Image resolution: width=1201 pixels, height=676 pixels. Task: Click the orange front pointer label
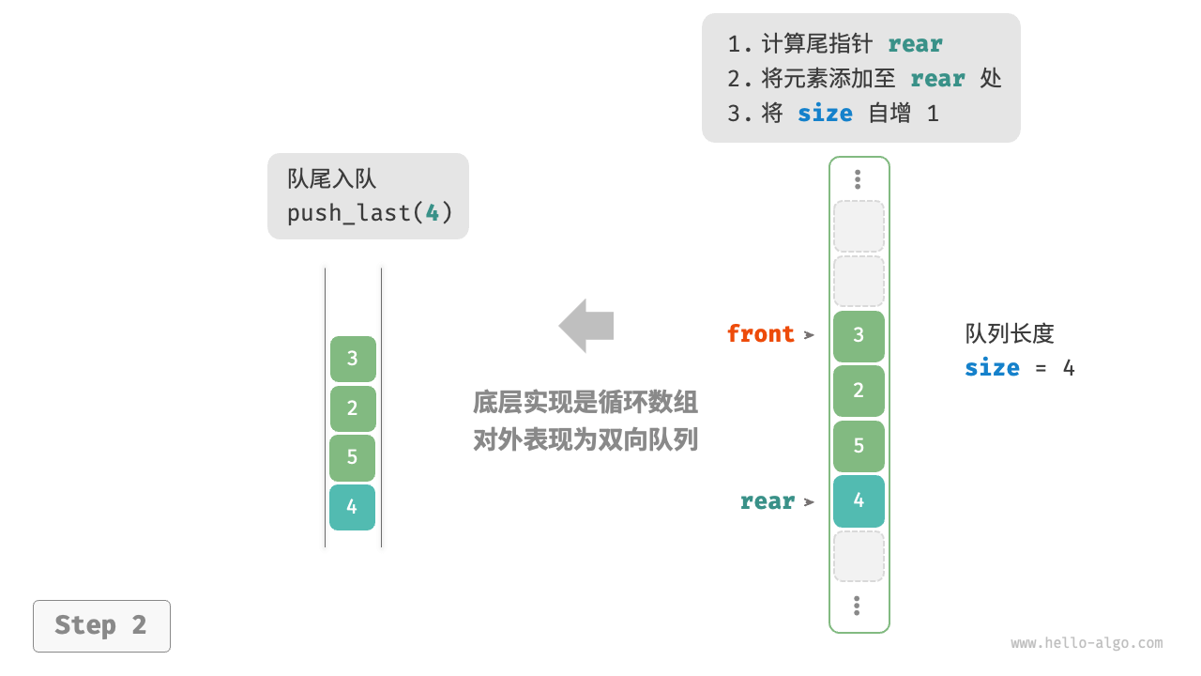pyautogui.click(x=760, y=334)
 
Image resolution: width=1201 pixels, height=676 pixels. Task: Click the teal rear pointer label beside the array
pyautogui.click(x=767, y=501)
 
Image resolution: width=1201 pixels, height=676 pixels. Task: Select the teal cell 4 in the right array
pyautogui.click(x=859, y=500)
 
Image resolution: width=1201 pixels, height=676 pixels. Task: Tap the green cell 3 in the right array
pyautogui.click(x=859, y=335)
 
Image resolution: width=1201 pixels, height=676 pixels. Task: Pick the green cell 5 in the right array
pyautogui.click(x=859, y=446)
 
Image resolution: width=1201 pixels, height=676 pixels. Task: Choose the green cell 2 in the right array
pyautogui.click(x=859, y=391)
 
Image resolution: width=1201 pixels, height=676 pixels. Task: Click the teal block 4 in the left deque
pyautogui.click(x=352, y=507)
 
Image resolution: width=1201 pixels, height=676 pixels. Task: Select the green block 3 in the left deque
pyautogui.click(x=353, y=359)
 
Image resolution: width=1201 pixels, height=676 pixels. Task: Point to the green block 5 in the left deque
pyautogui.click(x=352, y=457)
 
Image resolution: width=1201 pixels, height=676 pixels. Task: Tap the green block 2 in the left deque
pyautogui.click(x=352, y=408)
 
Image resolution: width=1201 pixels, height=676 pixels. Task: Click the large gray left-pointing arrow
pyautogui.click(x=586, y=326)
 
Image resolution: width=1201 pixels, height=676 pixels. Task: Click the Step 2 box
pyautogui.click(x=101, y=625)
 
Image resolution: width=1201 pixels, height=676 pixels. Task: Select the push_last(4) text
pyautogui.click(x=370, y=213)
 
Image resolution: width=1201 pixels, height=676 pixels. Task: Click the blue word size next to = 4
pyautogui.click(x=992, y=368)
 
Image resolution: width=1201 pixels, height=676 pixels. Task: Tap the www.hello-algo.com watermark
pyautogui.click(x=1087, y=643)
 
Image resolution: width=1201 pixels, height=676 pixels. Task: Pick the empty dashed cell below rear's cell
pyautogui.click(x=859, y=556)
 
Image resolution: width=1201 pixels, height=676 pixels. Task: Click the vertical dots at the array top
pyautogui.click(x=858, y=179)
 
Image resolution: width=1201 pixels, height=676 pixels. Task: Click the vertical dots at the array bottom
pyautogui.click(x=858, y=606)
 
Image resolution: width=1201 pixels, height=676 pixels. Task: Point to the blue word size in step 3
pyautogui.click(x=825, y=114)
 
